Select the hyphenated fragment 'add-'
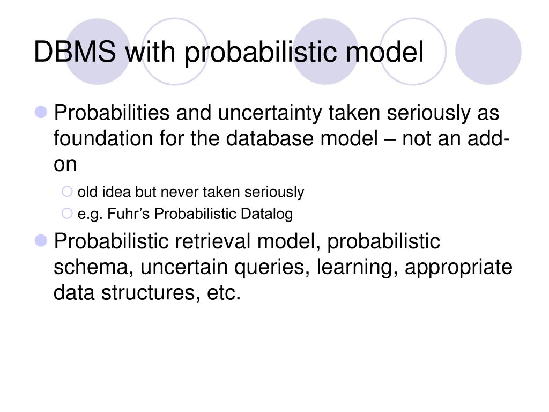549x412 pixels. pyautogui.click(x=483, y=139)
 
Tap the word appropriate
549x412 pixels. pyautogui.click(x=458, y=267)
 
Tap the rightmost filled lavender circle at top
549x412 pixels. pyautogui.click(x=488, y=51)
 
